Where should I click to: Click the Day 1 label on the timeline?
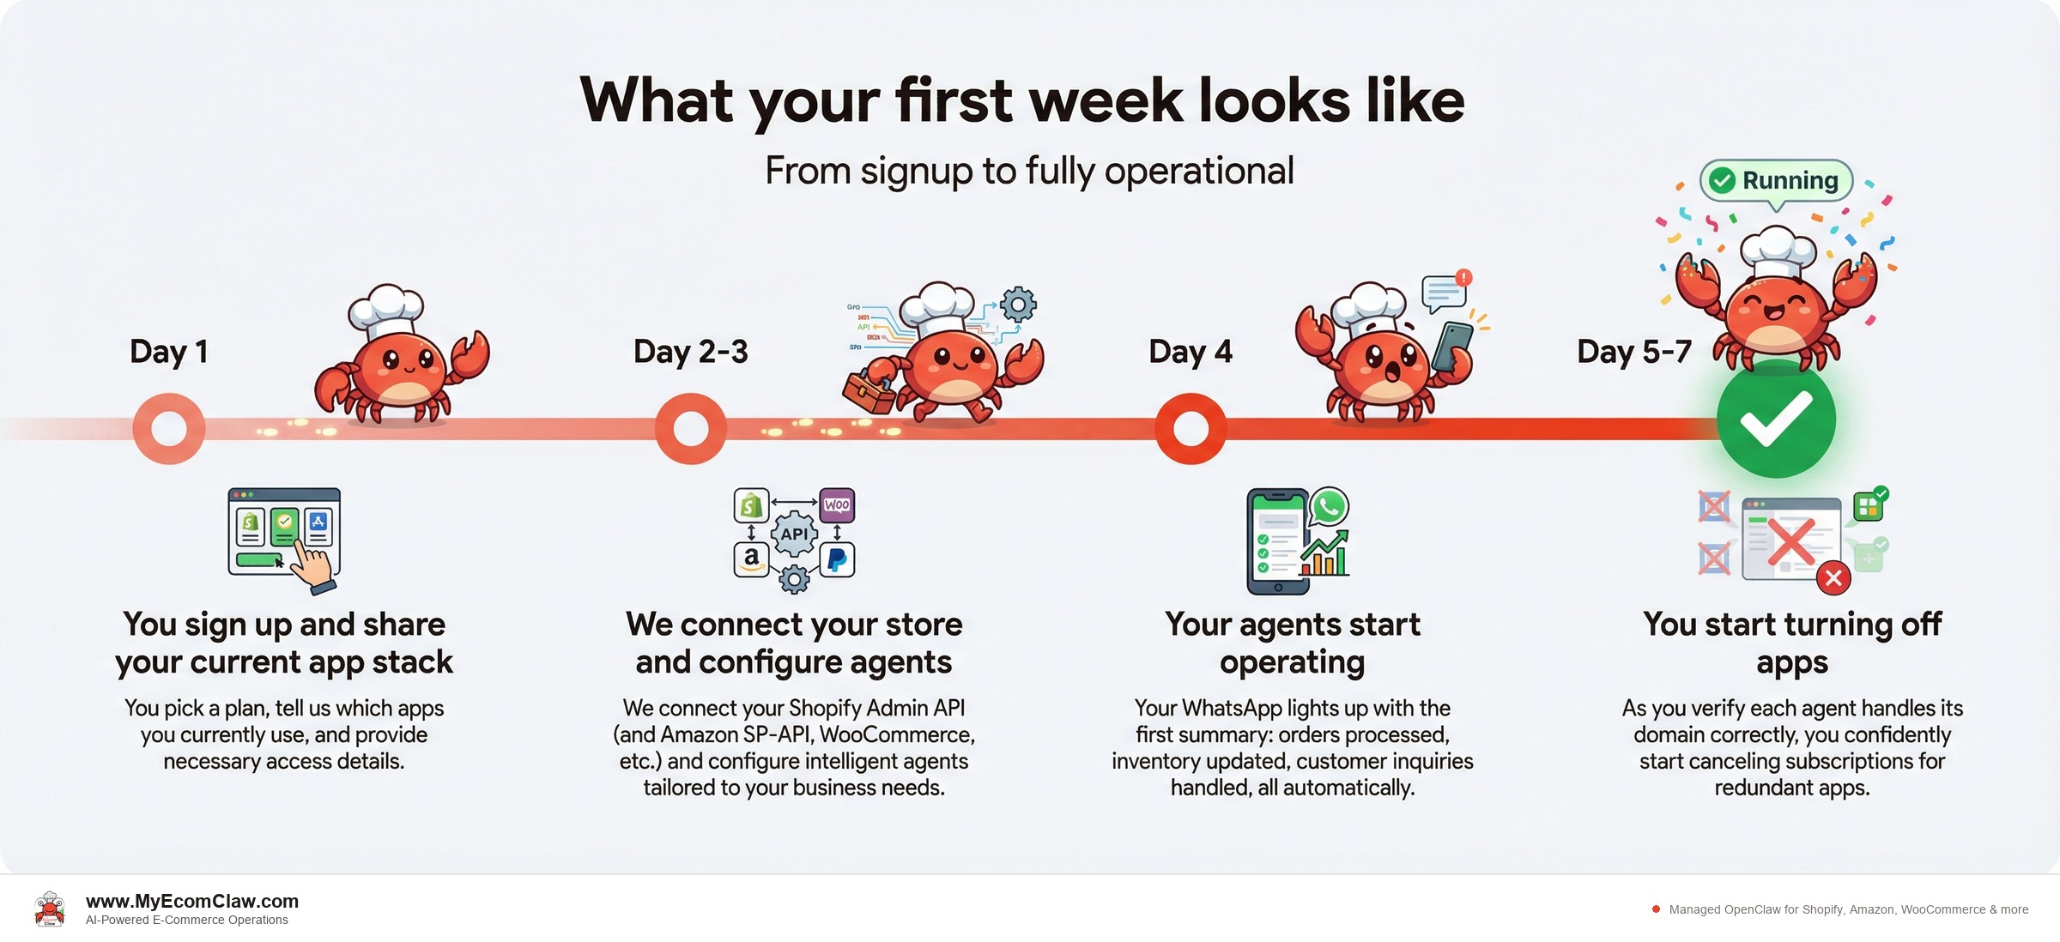point(169,352)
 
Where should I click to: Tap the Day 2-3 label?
point(690,352)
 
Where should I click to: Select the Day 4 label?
point(1190,352)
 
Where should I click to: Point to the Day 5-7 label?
point(1633,352)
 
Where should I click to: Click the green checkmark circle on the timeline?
point(1776,420)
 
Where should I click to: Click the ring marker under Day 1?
point(169,428)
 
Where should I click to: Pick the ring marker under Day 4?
point(1191,428)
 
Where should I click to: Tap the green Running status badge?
point(1777,181)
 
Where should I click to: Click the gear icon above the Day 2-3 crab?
point(1018,304)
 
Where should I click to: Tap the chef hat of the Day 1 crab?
point(386,306)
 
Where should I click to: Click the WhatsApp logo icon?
point(1329,507)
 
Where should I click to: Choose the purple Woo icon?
point(837,504)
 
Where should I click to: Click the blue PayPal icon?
point(837,559)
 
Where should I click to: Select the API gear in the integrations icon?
point(794,534)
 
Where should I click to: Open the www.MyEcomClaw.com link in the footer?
point(192,901)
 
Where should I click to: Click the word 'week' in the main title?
point(1106,100)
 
